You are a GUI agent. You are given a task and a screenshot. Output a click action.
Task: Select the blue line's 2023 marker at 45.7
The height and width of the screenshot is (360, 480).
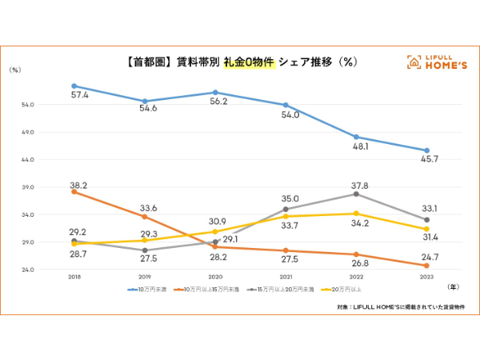(x=426, y=150)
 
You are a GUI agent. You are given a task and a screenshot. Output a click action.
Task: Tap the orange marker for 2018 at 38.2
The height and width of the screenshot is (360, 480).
(x=74, y=192)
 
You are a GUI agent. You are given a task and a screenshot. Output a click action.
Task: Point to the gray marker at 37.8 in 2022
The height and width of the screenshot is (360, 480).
(x=356, y=194)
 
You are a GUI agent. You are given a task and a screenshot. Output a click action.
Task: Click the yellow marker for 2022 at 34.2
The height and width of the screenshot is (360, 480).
(x=356, y=214)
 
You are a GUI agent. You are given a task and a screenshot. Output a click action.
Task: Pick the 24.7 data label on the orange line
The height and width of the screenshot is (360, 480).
(x=430, y=255)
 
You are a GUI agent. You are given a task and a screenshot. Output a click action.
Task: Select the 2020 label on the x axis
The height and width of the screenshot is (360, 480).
(x=214, y=276)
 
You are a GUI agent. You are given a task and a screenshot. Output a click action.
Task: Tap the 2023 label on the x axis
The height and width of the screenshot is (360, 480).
(x=426, y=276)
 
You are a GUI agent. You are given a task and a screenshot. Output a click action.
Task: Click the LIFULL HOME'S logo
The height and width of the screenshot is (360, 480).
(x=437, y=62)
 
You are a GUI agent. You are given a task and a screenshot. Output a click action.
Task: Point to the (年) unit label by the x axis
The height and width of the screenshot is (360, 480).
(x=454, y=286)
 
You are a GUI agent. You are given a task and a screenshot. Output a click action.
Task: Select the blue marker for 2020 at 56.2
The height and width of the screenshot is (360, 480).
(x=214, y=93)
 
